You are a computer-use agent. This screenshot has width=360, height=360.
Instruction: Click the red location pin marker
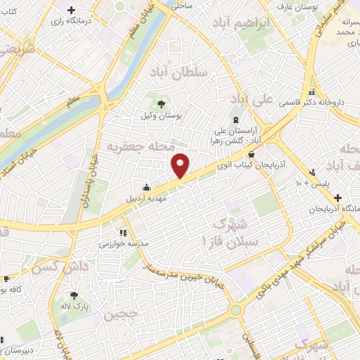(181, 165)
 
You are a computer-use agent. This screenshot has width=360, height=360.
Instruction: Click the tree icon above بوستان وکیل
(162, 101)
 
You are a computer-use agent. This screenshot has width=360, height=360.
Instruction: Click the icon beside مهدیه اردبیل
(146, 187)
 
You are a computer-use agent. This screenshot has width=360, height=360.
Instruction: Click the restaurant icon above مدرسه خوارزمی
(123, 232)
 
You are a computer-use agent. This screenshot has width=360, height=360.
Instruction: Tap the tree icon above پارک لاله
(75, 296)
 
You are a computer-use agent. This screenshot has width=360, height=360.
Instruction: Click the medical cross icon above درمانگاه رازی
(72, 11)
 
